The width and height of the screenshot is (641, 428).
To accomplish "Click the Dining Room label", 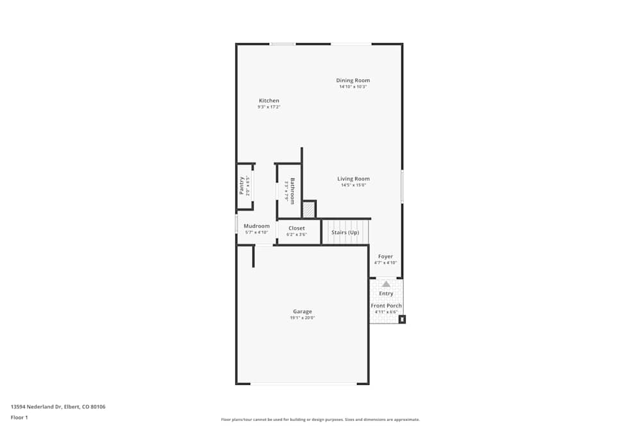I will click(353, 80).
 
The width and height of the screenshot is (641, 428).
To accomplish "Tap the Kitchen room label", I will click(269, 101).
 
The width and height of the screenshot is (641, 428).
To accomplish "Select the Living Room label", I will click(353, 179).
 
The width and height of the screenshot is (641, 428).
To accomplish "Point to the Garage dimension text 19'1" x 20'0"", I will click(303, 318).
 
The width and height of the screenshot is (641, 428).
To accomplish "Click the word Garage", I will click(303, 311).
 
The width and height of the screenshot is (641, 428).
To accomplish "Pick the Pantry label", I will click(242, 185).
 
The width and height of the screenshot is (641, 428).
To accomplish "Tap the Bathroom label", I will click(292, 191).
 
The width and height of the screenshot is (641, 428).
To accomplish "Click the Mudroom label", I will click(256, 226).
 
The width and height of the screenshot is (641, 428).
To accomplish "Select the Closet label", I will click(296, 228).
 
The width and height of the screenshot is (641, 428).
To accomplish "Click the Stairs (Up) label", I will click(345, 232).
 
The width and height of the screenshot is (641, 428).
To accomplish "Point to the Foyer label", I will click(385, 257).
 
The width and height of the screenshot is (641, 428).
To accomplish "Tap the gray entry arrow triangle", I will click(386, 284).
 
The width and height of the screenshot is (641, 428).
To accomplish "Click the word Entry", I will click(386, 293).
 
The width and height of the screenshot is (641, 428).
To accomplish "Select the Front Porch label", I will click(386, 305).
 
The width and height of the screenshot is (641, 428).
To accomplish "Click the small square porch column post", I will click(402, 319).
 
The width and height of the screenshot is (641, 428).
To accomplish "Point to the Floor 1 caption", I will click(19, 417).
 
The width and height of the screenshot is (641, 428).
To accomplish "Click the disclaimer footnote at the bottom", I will click(320, 420).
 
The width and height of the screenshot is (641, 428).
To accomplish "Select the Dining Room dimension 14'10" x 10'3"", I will click(353, 87).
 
